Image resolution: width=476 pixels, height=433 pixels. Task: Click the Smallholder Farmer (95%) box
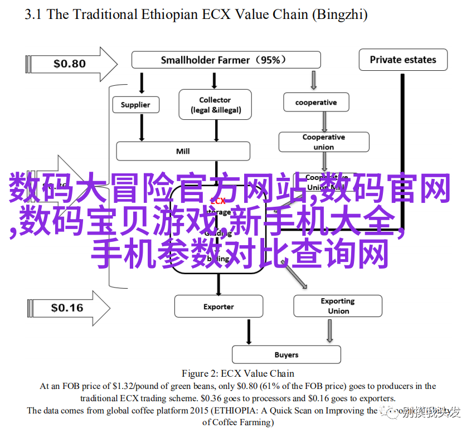point(226,60)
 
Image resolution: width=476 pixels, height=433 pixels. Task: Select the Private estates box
point(402,60)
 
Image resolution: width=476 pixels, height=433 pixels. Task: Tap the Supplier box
point(135,105)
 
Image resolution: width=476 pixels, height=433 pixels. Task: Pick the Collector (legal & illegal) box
point(215,105)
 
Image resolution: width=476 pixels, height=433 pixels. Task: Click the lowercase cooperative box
point(316,103)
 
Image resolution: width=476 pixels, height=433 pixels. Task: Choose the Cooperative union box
point(324,142)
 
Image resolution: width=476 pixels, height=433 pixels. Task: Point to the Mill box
point(183,151)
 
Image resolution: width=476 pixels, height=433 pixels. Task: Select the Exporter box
point(218,306)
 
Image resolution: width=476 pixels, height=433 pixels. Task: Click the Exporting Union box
point(338,306)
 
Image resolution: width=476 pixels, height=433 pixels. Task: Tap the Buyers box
point(286,354)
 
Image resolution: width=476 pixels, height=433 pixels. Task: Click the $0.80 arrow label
point(70,64)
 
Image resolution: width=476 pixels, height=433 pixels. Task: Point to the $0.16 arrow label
point(67,308)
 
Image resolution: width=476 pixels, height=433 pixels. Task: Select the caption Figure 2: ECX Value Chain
point(238,373)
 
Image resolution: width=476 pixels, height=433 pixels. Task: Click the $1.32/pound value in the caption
point(127,386)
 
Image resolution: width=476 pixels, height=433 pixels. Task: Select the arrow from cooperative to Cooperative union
point(324,121)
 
